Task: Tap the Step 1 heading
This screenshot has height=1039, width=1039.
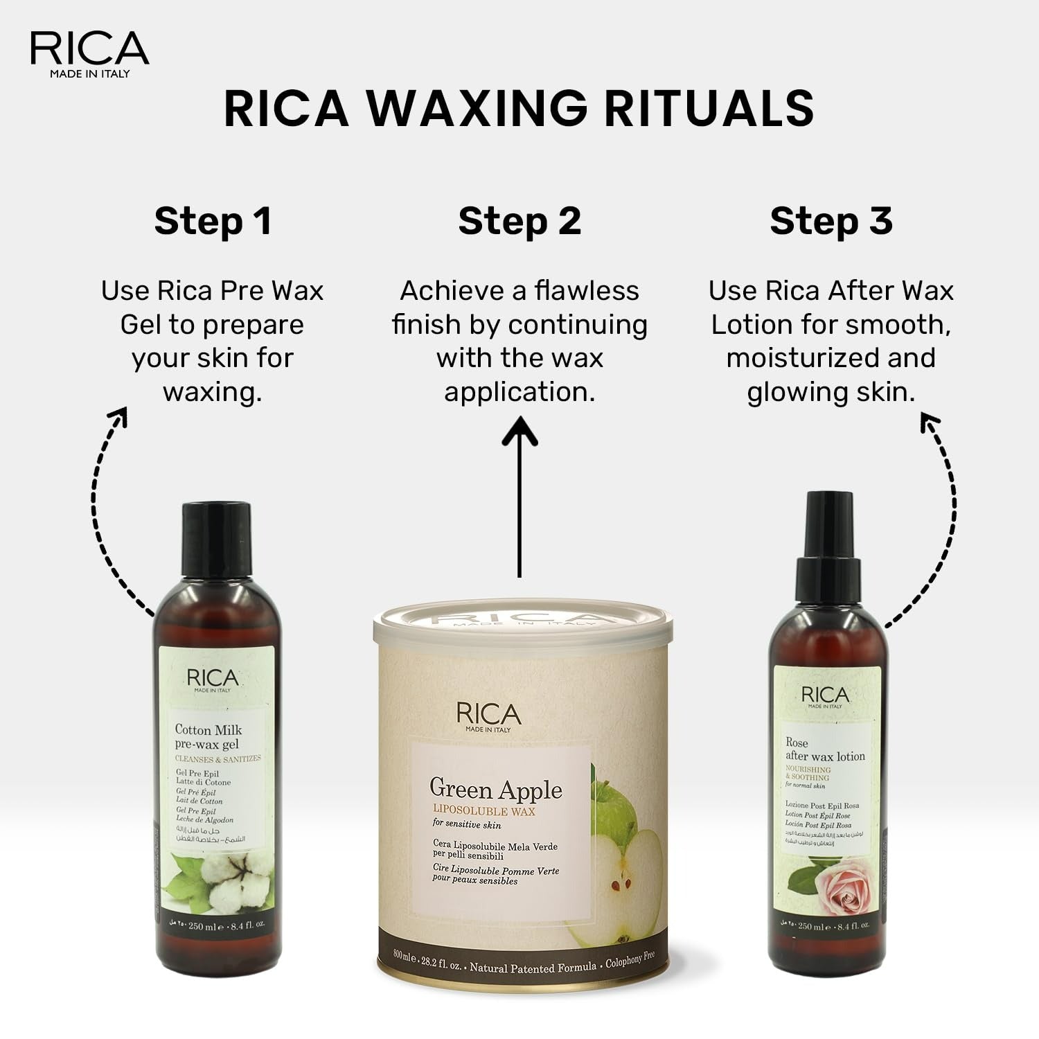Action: click(x=213, y=221)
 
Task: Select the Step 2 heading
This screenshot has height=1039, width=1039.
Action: click(x=519, y=221)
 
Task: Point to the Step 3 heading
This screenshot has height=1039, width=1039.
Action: click(x=831, y=221)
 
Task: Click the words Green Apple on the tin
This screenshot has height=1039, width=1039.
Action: click(x=495, y=789)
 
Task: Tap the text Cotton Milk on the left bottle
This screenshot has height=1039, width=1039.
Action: click(x=208, y=729)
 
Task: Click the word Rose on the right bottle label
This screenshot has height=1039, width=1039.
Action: click(x=797, y=743)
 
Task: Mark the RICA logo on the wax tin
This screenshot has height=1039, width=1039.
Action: click(x=488, y=715)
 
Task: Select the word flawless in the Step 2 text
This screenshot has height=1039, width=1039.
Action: click(x=587, y=291)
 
